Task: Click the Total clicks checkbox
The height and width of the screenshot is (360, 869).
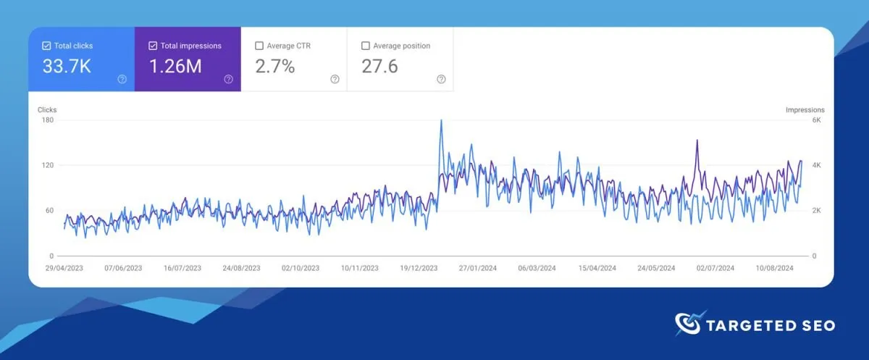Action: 47,46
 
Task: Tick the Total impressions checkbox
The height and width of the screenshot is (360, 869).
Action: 153,46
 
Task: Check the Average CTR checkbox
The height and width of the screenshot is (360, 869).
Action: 259,46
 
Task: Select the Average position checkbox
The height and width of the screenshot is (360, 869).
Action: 366,46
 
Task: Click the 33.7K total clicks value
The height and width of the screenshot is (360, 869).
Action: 66,67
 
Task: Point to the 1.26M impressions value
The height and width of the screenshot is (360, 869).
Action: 175,67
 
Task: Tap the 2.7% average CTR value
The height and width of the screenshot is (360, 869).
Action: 275,67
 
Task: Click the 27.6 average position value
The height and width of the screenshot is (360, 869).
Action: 379,67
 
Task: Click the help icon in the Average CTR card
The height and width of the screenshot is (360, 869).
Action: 335,79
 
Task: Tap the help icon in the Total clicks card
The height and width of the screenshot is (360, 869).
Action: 122,79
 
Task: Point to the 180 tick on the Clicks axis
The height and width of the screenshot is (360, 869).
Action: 48,120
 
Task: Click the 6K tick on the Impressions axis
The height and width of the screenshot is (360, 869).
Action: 815,120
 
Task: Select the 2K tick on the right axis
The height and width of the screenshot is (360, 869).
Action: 815,211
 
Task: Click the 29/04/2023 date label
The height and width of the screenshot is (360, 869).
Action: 64,268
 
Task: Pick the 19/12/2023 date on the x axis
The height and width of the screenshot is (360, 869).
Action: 419,268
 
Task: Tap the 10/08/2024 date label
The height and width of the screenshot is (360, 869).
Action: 775,268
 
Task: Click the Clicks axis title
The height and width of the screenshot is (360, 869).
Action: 47,110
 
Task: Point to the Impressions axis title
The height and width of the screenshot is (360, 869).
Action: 805,110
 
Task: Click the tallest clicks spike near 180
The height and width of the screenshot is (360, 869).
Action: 441,121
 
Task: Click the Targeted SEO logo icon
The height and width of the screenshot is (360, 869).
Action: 687,324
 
